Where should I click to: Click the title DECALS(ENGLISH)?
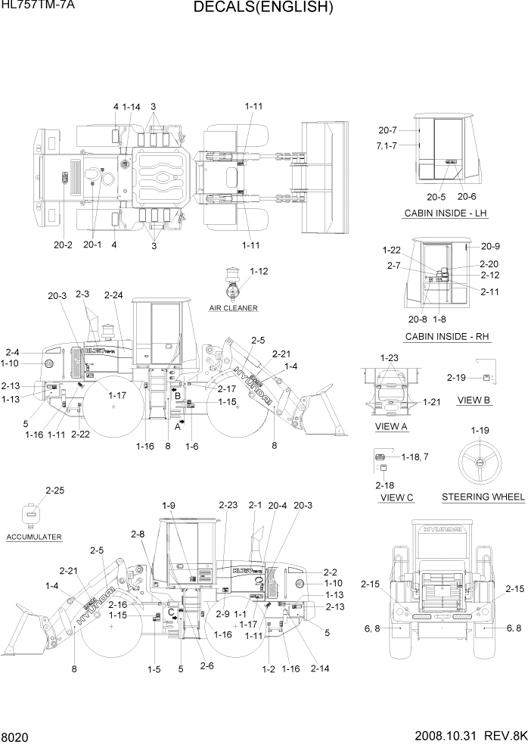click(263, 8)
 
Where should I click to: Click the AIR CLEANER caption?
click(234, 308)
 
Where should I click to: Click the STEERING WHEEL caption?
click(483, 497)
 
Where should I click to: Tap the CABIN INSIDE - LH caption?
click(446, 213)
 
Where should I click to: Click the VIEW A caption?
click(391, 427)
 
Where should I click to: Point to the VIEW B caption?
click(474, 400)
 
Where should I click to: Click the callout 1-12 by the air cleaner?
click(259, 270)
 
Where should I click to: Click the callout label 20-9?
click(490, 246)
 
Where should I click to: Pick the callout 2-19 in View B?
click(456, 377)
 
